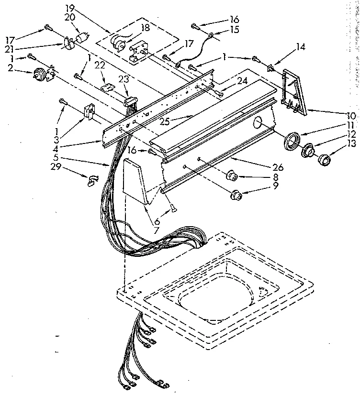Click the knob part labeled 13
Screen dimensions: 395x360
(325, 159)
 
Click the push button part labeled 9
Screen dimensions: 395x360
(236, 194)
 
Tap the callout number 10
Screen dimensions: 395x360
(351, 116)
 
